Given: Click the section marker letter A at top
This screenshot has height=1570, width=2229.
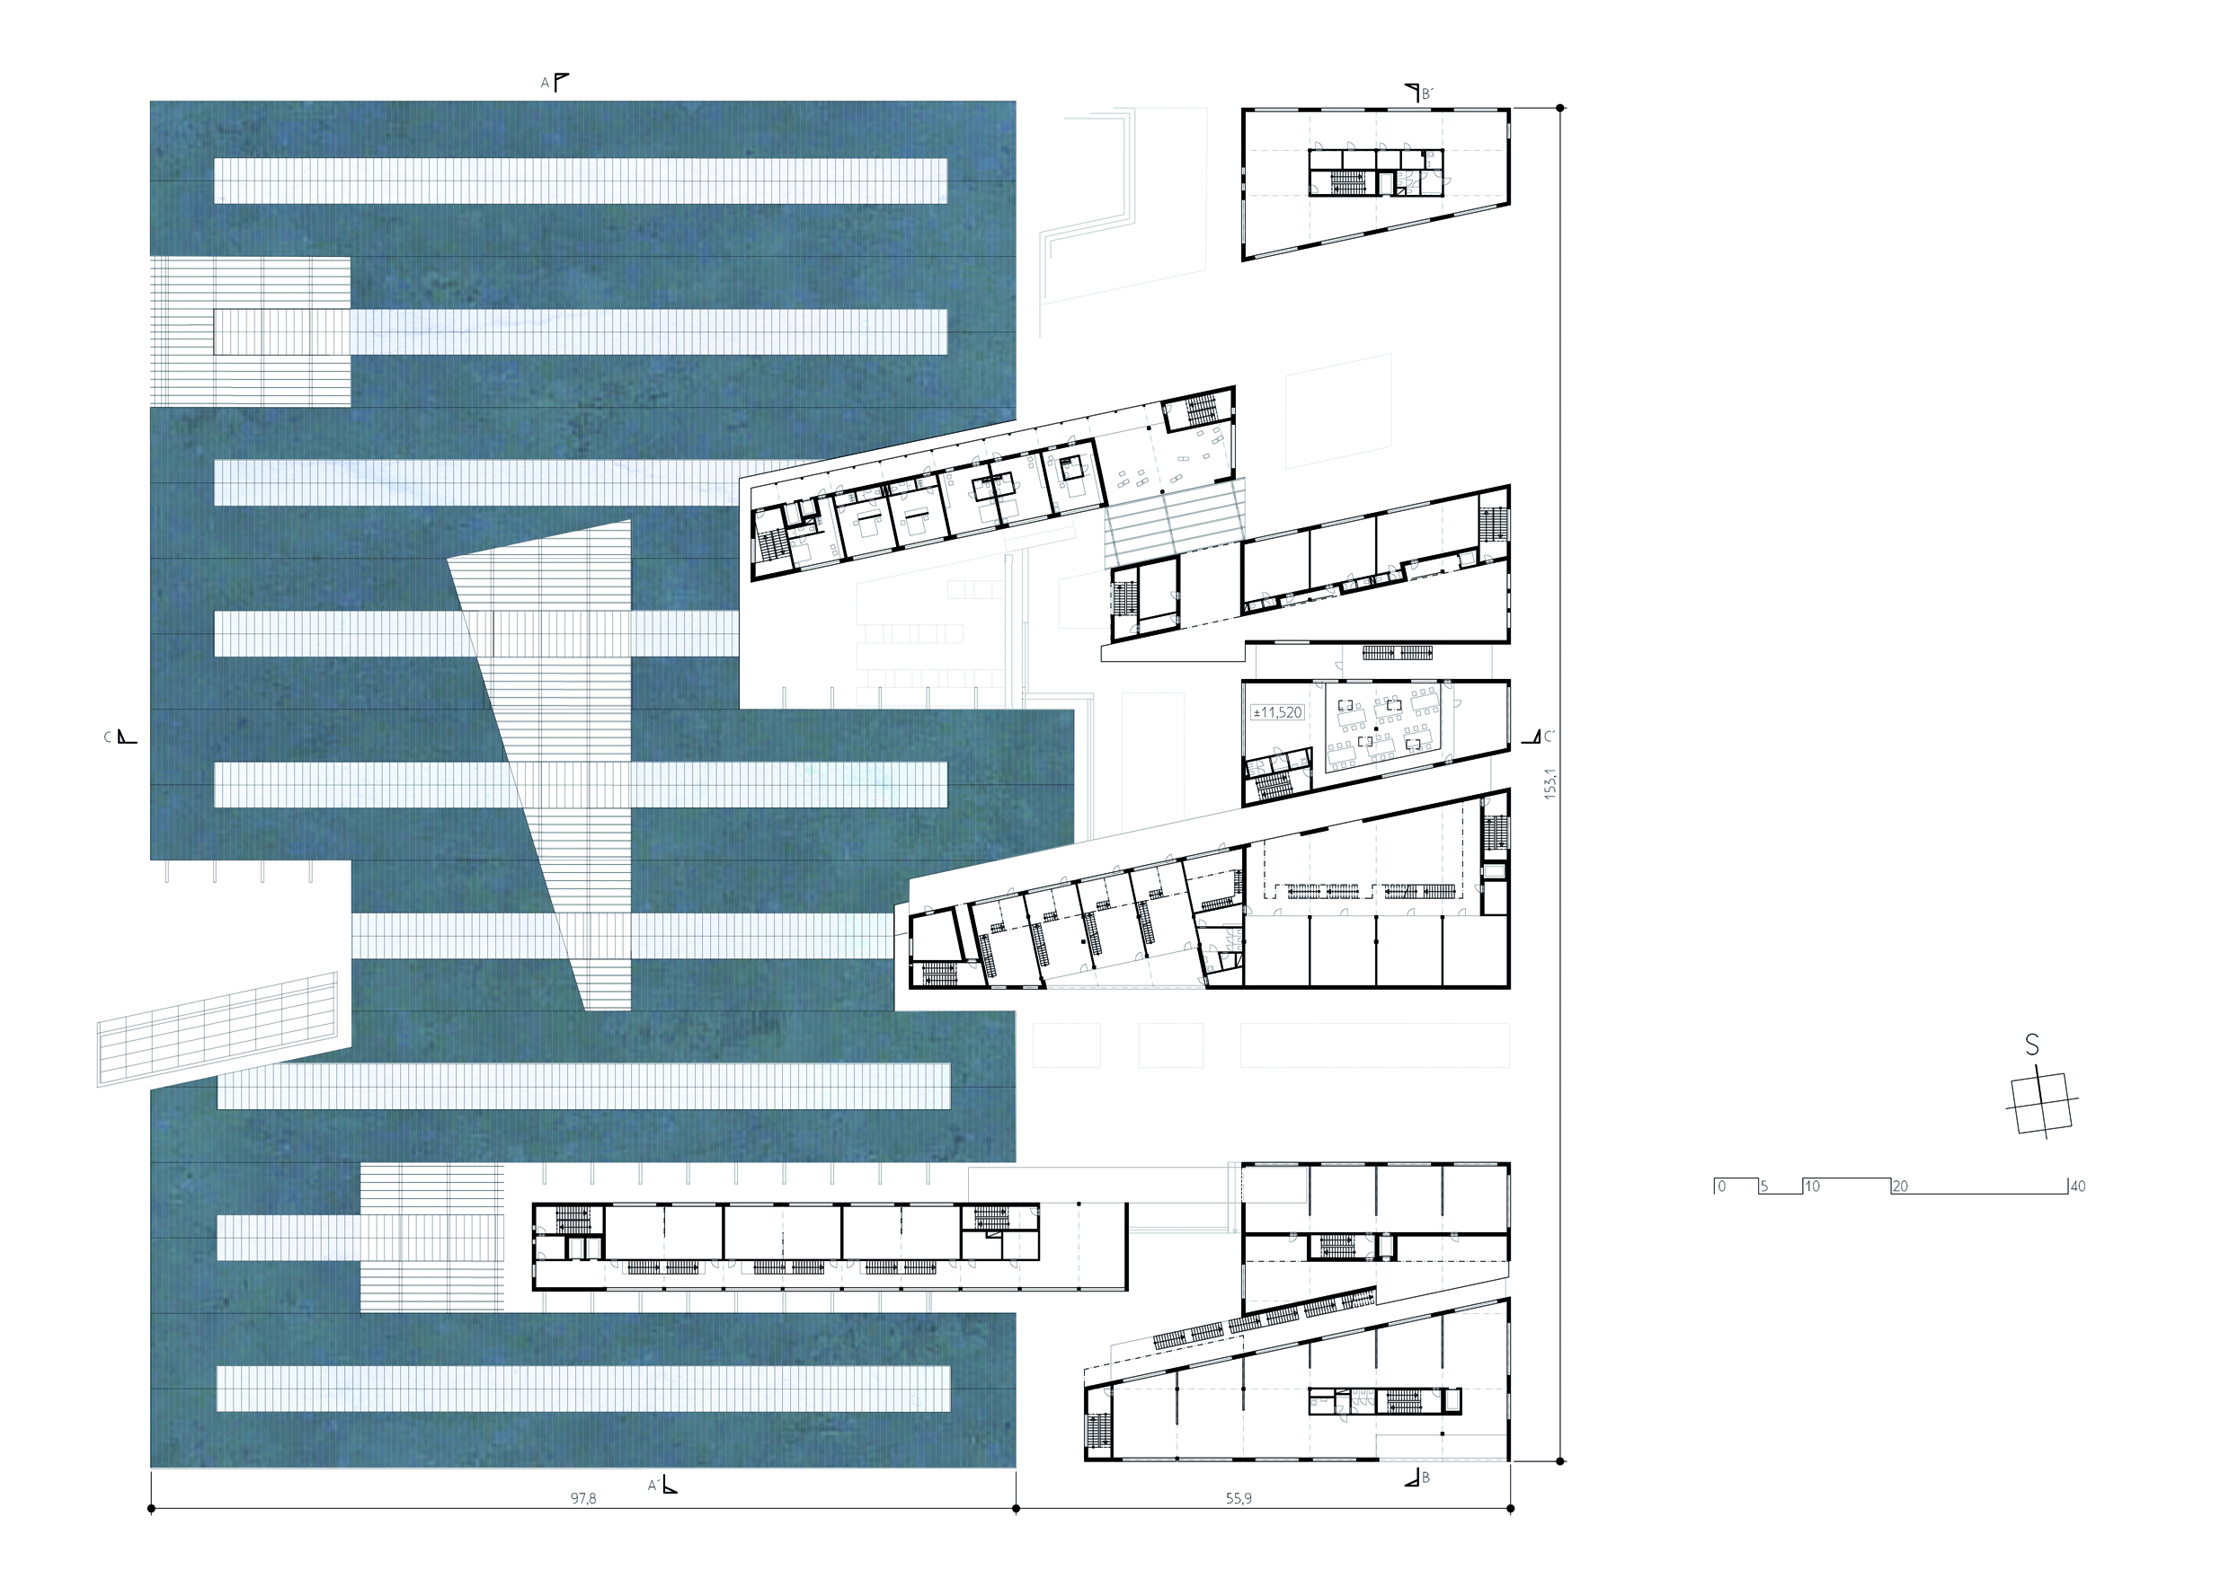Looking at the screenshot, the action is pos(545,84).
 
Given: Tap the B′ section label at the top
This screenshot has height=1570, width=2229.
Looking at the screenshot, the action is pos(1427,94).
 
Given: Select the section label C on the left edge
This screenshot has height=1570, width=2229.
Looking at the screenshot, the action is pos(108,737).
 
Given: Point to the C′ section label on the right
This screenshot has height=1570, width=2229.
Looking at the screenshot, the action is pos(1550,736).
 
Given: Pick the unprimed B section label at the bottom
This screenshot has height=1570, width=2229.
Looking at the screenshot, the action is pos(1425,1477).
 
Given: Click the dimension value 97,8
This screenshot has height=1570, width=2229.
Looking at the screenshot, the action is pos(582,1499).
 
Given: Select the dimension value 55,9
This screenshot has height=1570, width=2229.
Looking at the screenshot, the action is pos(1238,1499).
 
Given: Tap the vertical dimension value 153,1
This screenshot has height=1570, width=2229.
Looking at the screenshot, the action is pos(1550,783).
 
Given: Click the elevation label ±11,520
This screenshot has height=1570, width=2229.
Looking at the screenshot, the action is pos(1277,712).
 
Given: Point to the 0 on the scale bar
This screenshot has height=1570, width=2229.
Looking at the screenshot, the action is pos(1721,1186).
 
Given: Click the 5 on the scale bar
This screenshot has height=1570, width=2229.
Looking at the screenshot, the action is pos(1764,1186).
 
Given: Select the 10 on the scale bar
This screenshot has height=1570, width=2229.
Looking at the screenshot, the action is pos(1812,1186).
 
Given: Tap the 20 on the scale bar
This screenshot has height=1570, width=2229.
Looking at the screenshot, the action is pos(1900,1186).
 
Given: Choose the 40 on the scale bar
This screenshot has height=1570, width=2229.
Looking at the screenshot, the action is pos(2077,1186).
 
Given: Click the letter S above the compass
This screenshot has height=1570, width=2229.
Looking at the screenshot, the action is pos(2032,1045).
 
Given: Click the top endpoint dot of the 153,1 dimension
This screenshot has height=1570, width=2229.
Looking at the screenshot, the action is pos(1560,108).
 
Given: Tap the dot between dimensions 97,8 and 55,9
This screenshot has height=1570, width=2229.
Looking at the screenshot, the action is pos(1016,1509).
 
